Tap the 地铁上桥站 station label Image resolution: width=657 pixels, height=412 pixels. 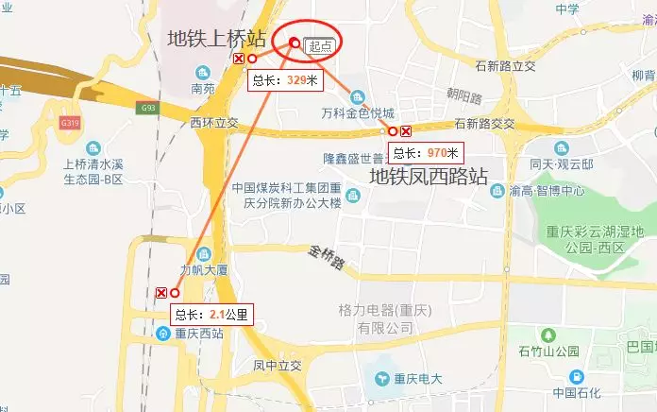pyautogui.click(x=216, y=38)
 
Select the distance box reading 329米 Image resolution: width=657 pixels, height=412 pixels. pyautogui.click(x=285, y=80)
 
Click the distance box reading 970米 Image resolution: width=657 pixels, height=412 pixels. pyautogui.click(x=427, y=152)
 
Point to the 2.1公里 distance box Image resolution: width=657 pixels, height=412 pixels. pyautogui.click(x=211, y=315)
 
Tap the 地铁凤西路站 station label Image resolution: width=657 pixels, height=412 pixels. pyautogui.click(x=428, y=177)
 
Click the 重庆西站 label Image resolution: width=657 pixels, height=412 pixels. pyautogui.click(x=198, y=333)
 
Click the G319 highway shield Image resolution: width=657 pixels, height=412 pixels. pyautogui.click(x=69, y=123)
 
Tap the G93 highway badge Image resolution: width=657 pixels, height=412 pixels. pyautogui.click(x=146, y=108)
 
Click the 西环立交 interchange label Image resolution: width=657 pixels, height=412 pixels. pyautogui.click(x=214, y=123)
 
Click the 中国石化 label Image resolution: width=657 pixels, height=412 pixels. pyautogui.click(x=579, y=392)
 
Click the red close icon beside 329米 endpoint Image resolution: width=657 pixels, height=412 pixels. pyautogui.click(x=239, y=59)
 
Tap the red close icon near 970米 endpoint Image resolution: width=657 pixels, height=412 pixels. pyautogui.click(x=406, y=131)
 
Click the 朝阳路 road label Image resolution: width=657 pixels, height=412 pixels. pyautogui.click(x=464, y=97)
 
